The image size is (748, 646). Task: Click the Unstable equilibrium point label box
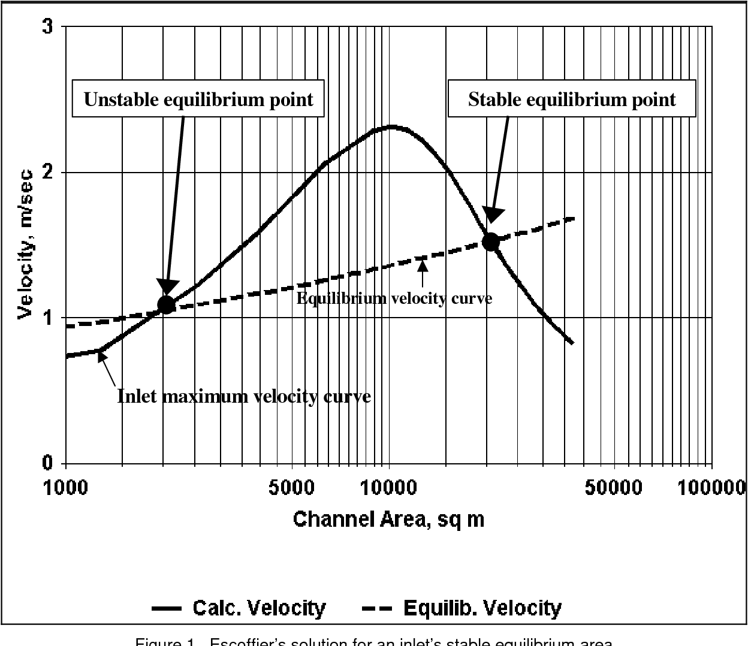coord(198,99)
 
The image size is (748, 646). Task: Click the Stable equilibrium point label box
coord(572,99)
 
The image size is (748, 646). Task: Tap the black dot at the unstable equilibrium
coord(166,304)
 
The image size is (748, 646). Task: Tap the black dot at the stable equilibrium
coord(491,242)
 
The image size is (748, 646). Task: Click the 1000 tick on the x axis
coord(65,487)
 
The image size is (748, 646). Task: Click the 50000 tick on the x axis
coord(614,487)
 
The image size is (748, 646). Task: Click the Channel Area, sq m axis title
coord(388,519)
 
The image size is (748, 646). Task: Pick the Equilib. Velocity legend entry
coord(463,608)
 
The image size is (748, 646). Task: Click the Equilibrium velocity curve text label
coord(394,298)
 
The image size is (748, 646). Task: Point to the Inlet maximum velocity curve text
coord(244,396)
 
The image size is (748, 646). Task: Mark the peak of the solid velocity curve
coord(391,126)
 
